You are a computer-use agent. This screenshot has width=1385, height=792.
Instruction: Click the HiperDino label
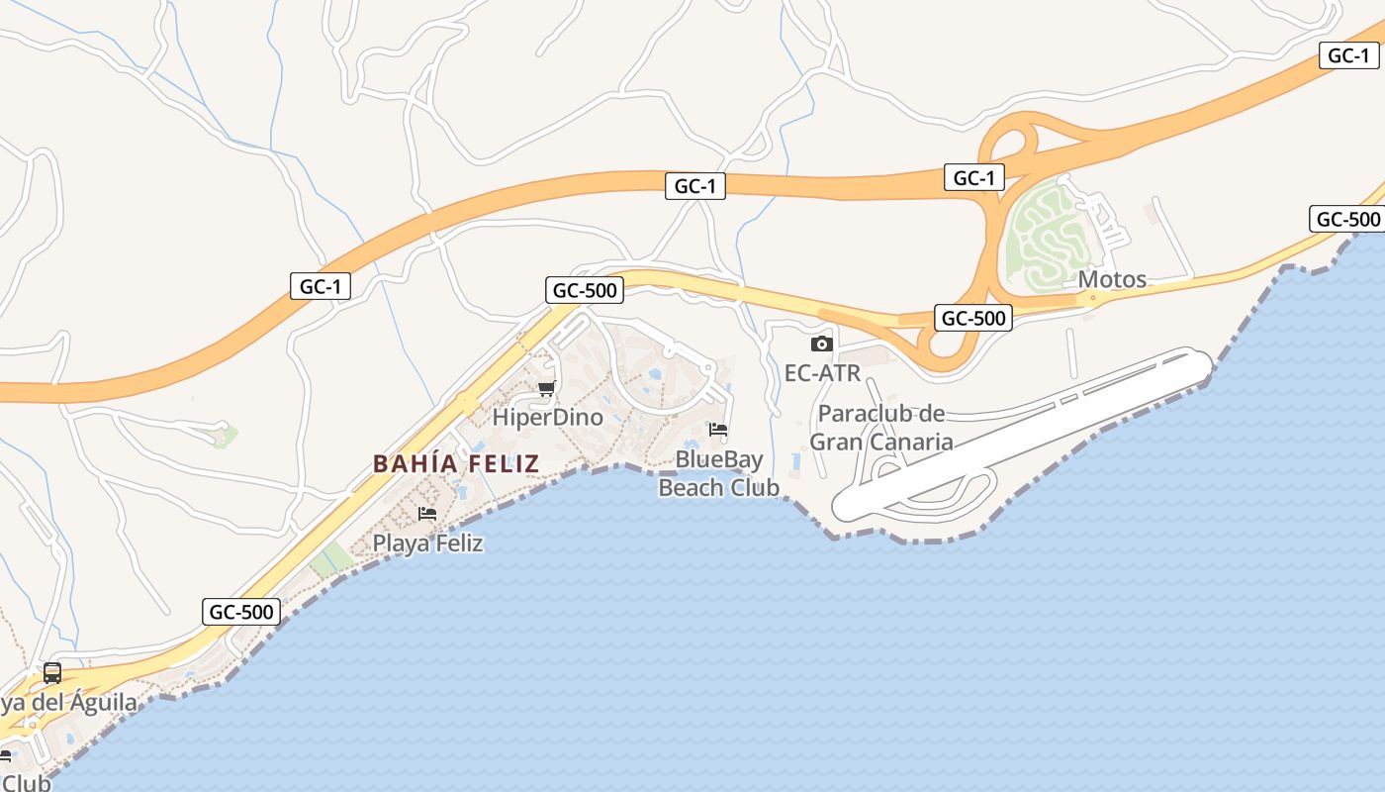[x=547, y=417]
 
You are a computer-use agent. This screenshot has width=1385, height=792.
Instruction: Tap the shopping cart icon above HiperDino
[x=546, y=387]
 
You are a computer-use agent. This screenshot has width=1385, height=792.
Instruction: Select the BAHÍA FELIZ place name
[x=456, y=463]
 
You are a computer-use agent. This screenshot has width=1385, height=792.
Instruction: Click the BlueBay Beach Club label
[x=719, y=473]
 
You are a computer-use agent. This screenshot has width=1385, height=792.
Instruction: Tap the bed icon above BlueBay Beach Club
[x=718, y=431]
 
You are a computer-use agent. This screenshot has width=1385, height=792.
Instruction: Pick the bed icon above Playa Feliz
[x=427, y=513]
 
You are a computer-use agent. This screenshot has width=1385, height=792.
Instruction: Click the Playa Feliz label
[x=427, y=543]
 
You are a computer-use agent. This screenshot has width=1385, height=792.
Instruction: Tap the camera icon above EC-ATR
[x=821, y=345]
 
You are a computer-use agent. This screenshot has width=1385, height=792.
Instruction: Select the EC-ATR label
[x=822, y=373]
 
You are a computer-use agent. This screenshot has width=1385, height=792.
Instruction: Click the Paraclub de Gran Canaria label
[x=881, y=428]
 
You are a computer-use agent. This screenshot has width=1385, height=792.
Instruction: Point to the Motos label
[x=1112, y=279]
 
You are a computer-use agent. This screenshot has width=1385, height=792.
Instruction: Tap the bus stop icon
[x=52, y=673]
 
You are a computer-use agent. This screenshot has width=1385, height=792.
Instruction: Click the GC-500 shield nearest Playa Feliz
[x=240, y=612]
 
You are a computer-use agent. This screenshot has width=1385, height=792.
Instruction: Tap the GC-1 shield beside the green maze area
[x=973, y=177]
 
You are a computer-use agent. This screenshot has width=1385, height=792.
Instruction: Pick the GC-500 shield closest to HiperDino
[x=585, y=290]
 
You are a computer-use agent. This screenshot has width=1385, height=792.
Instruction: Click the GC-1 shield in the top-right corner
[x=1348, y=55]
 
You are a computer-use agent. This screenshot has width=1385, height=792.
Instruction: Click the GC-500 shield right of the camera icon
[x=973, y=318]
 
